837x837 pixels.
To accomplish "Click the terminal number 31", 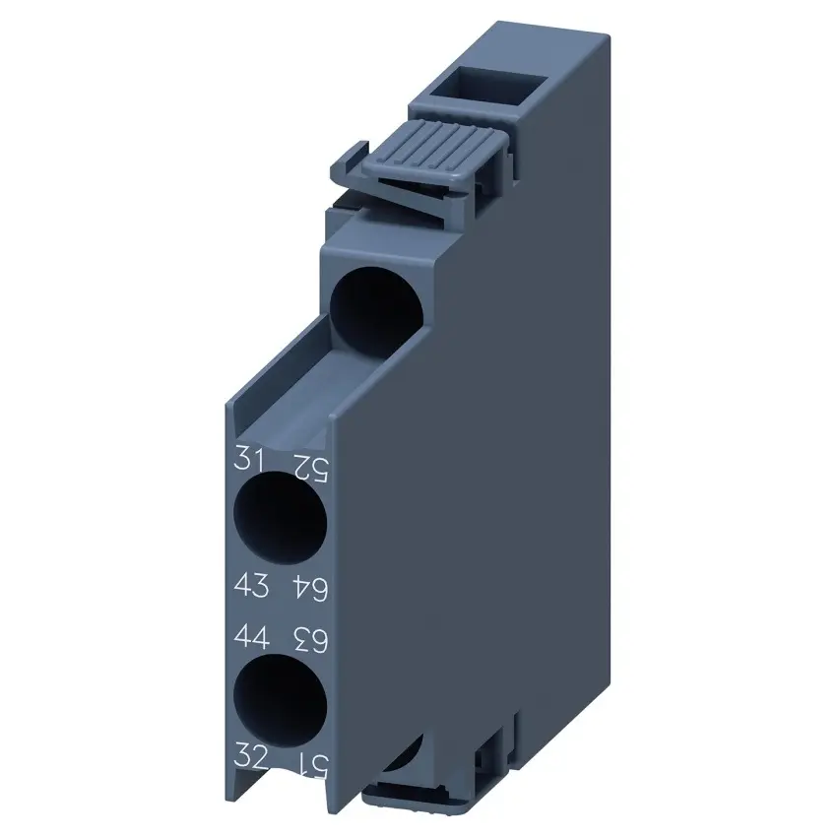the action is pyautogui.click(x=249, y=460).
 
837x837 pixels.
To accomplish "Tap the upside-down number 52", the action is pyautogui.click(x=310, y=468).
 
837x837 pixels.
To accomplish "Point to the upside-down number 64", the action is pyautogui.click(x=310, y=588).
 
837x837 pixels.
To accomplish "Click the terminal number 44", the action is pyautogui.click(x=251, y=636).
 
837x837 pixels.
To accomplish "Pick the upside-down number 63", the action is pyautogui.click(x=310, y=639).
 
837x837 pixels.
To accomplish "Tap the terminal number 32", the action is pyautogui.click(x=251, y=756).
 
